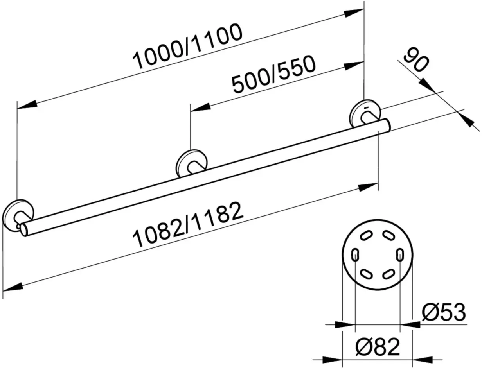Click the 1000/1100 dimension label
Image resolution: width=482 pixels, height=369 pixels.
(187, 46)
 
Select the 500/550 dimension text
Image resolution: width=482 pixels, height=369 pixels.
(273, 74)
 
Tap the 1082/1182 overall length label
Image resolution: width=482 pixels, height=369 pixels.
(188, 224)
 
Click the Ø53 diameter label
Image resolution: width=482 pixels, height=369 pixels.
(443, 312)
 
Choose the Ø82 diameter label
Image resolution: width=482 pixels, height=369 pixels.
(378, 347)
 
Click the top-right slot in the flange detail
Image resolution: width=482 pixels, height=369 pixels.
(389, 235)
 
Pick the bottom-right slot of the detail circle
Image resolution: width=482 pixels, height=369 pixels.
(389, 274)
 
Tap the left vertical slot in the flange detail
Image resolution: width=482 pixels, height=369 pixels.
(355, 254)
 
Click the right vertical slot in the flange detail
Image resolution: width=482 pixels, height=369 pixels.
(400, 254)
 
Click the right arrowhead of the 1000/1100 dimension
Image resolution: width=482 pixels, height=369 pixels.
(354, 13)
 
